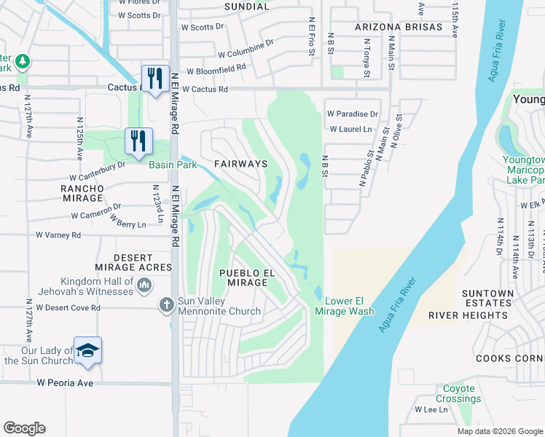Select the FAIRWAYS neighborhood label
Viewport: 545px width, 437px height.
pyautogui.click(x=240, y=164)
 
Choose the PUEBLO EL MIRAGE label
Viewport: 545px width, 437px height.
pyautogui.click(x=247, y=277)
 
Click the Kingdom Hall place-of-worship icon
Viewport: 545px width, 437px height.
pyautogui.click(x=144, y=285)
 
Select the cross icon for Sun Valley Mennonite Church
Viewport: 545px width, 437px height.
pyautogui.click(x=166, y=305)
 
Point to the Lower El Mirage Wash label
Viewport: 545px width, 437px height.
pyautogui.click(x=344, y=306)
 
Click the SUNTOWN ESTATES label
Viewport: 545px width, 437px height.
pyautogui.click(x=487, y=298)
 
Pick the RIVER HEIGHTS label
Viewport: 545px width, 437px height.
pyautogui.click(x=468, y=315)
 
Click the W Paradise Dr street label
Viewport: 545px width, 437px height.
pyautogui.click(x=353, y=114)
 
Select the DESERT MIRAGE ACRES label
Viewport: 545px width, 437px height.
pyautogui.click(x=133, y=263)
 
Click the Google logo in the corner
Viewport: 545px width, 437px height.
pyautogui.click(x=24, y=428)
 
